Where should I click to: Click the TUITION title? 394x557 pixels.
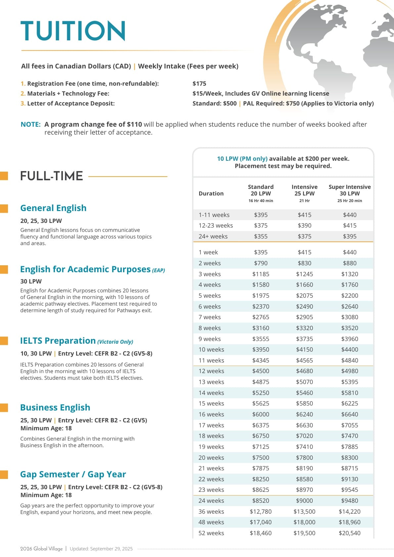coord(73,31)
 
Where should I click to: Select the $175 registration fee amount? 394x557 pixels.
coord(199,84)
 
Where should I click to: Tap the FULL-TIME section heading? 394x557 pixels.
coord(52,176)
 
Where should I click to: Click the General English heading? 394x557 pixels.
coord(53,208)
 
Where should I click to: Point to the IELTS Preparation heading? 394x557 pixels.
coord(58,341)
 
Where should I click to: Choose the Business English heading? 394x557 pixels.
coord(55,407)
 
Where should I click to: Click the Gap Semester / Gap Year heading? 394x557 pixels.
coord(73,474)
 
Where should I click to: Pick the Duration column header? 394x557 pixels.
coord(211,193)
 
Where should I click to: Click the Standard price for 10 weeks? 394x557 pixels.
coord(261,350)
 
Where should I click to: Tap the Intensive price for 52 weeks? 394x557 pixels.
coord(304,533)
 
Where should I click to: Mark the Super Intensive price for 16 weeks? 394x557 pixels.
coord(350,414)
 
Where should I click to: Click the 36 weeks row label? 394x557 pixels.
coord(211,512)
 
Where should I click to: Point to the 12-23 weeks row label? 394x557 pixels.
coord(216,226)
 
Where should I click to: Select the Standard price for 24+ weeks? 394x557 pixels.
coord(261,236)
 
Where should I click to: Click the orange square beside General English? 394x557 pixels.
coord(4,208)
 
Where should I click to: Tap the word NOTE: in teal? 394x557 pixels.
coord(30,124)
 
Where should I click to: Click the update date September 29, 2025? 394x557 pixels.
coord(111,549)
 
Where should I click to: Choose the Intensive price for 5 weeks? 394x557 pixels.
coord(304,296)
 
